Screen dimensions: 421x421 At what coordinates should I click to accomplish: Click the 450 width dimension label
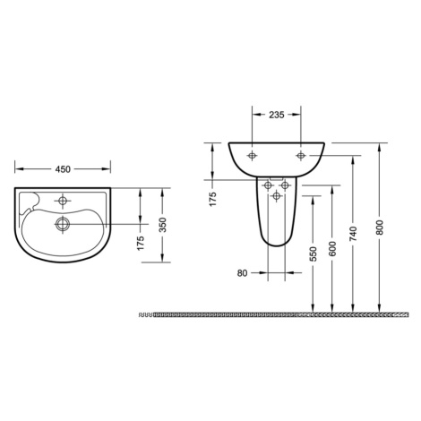coord(63,169)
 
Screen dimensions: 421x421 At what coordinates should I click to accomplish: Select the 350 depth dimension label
coord(162,225)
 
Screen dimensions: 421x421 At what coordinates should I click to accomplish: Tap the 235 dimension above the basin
coord(277,115)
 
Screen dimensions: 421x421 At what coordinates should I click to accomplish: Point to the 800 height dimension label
coord(379,228)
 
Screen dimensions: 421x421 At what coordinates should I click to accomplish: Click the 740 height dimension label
coord(353,234)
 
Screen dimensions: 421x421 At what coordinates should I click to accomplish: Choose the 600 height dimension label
coord(332,248)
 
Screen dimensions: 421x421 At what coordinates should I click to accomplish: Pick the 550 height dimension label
coord(313,254)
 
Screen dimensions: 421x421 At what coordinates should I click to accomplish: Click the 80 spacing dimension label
coord(243,273)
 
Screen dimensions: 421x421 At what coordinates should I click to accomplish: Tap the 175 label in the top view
coord(141,243)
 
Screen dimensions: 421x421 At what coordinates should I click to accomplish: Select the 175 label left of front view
coord(212,199)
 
